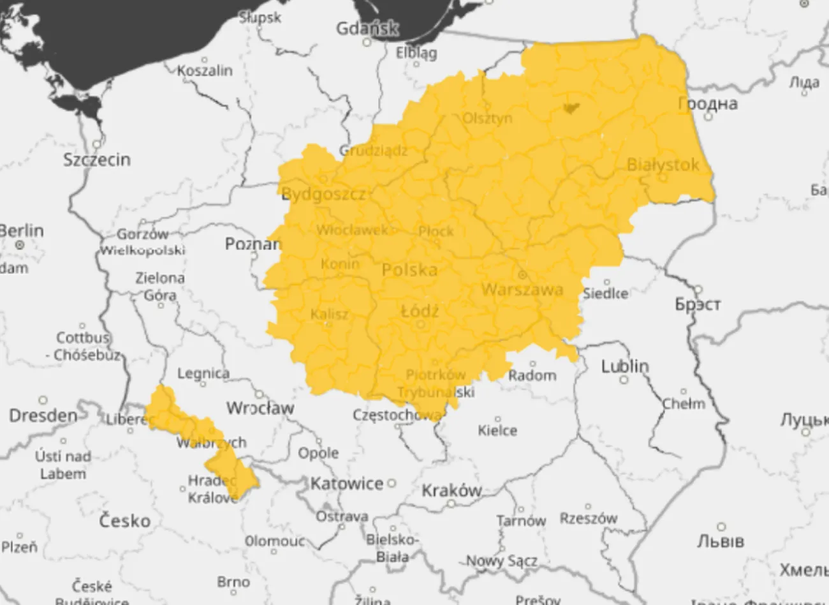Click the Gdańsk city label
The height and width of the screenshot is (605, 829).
(367, 29)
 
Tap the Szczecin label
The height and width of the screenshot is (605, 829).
(97, 160)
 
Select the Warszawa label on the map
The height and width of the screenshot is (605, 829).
(522, 290)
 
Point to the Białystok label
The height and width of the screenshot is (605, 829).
(663, 165)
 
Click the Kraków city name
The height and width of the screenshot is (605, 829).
(451, 490)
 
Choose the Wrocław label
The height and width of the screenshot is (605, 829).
(260, 408)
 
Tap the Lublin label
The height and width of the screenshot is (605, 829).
(625, 366)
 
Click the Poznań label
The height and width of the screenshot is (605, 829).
(253, 244)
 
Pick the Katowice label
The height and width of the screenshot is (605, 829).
(348, 484)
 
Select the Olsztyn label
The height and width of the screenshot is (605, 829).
(487, 118)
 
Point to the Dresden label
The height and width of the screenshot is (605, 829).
(43, 415)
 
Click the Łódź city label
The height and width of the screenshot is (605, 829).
(420, 311)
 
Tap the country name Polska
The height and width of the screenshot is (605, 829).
(410, 270)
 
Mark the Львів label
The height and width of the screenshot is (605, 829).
(721, 542)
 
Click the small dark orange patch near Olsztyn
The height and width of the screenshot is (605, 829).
(571, 107)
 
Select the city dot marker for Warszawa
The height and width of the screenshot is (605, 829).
(522, 275)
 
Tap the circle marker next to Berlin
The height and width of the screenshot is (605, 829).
(20, 244)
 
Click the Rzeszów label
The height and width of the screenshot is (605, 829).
(589, 518)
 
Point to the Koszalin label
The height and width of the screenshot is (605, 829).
(205, 71)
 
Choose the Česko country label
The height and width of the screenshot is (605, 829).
(125, 521)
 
